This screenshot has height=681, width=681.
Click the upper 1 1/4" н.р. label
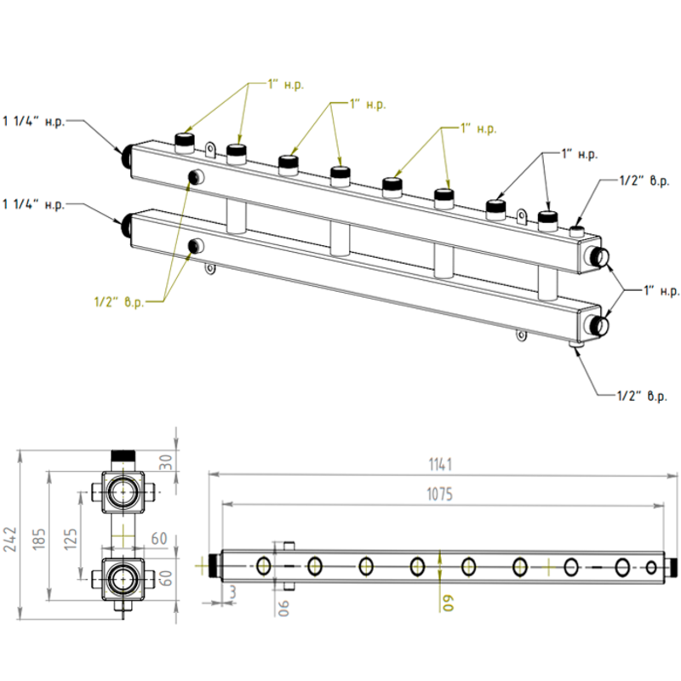click(34, 122)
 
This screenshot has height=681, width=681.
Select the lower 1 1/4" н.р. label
click(34, 204)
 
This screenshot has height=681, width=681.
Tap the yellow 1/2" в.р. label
click(119, 300)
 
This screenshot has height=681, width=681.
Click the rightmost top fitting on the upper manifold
click(547, 220)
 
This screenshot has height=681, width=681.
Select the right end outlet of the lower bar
click(598, 325)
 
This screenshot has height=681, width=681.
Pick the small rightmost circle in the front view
click(651, 567)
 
